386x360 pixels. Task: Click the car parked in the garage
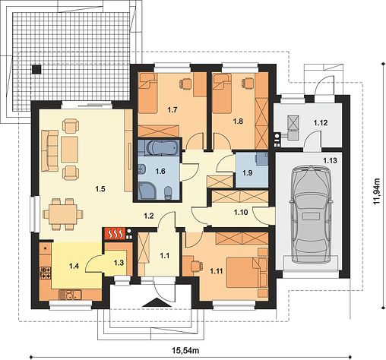click(311, 214)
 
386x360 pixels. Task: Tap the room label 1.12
click(321, 123)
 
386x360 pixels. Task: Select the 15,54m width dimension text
click(185, 350)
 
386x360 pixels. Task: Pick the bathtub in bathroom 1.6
click(160, 148)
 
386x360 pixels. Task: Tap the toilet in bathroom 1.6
click(168, 192)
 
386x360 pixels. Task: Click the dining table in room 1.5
click(63, 214)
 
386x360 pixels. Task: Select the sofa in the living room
click(49, 150)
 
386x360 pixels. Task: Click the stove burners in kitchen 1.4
click(46, 273)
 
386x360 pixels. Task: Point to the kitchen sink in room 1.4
click(70, 295)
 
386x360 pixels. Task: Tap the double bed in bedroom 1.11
click(245, 273)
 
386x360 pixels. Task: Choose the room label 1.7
click(172, 109)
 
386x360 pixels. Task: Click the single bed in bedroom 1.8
click(222, 93)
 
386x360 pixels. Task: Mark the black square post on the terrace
click(36, 69)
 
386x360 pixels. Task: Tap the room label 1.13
click(330, 160)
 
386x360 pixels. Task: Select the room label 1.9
click(248, 173)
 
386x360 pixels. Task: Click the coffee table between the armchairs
click(69, 150)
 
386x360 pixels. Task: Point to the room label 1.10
click(241, 212)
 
